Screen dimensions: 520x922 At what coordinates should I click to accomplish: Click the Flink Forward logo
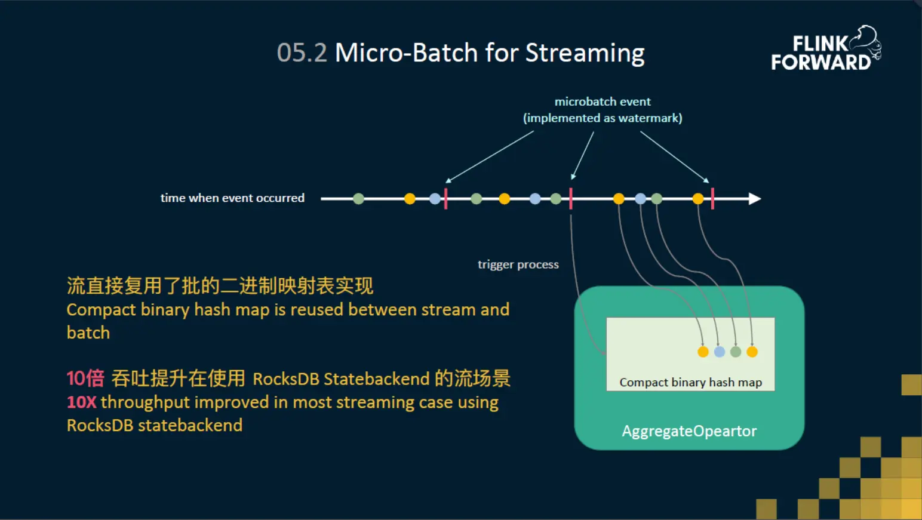(825, 50)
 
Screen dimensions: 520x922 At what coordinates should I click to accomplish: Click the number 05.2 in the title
(302, 53)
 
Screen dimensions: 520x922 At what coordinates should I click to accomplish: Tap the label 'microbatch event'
(602, 101)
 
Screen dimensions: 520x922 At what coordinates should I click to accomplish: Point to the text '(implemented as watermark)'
(602, 118)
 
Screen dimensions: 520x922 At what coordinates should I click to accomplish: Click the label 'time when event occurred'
(232, 198)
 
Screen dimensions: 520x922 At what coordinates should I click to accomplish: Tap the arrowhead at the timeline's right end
(755, 199)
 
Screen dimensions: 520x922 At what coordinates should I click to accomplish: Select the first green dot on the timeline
(358, 199)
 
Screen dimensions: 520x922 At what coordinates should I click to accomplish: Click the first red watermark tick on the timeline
(445, 199)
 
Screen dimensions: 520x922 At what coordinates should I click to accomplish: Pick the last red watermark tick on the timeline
(712, 199)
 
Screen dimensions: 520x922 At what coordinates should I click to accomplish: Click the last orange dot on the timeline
(698, 199)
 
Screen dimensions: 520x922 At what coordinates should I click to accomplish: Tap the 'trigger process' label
(518, 264)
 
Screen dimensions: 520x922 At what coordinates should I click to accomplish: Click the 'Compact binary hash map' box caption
(690, 382)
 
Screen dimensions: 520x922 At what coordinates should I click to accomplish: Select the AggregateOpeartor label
(689, 431)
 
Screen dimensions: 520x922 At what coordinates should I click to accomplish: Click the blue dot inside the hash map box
(720, 352)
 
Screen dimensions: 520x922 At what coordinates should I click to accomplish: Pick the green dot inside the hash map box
(736, 352)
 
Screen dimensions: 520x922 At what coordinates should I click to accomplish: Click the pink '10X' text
(81, 402)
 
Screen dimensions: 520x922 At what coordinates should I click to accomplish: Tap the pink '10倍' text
(85, 379)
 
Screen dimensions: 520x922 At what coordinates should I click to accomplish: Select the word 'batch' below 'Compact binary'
(88, 333)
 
